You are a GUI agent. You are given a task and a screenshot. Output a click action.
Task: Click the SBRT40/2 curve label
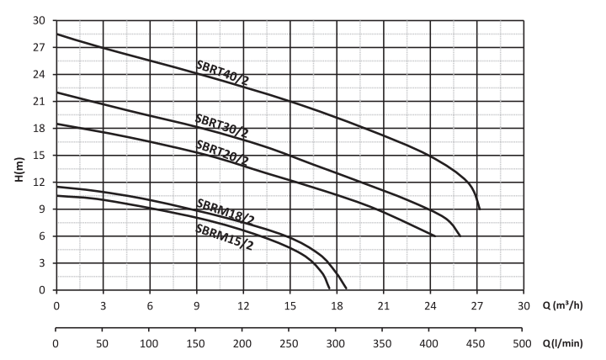point(222,73)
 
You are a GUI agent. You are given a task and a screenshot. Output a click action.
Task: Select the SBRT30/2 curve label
point(221,125)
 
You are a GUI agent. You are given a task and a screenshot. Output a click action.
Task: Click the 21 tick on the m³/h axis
point(383,306)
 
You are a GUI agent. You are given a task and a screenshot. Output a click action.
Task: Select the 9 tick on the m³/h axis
point(196,306)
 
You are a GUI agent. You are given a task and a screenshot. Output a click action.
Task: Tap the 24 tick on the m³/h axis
point(430,306)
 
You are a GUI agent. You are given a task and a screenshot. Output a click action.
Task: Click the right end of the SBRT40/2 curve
point(479,208)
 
